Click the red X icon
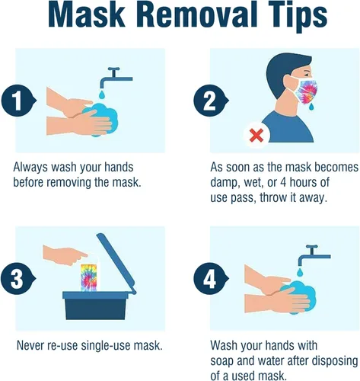(254, 135)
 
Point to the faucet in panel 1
(115, 76)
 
